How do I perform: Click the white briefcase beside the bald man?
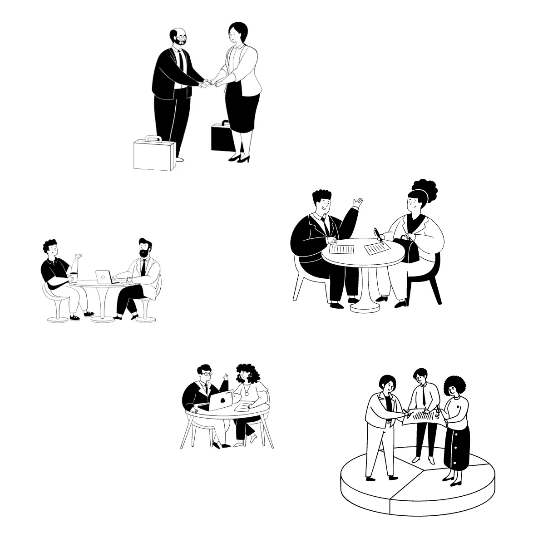click(154, 155)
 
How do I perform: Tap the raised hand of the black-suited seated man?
click(359, 202)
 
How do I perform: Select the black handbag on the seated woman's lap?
click(409, 250)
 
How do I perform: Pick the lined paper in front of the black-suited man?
click(341, 249)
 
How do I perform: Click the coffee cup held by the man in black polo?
click(73, 277)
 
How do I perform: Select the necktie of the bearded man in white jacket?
click(143, 267)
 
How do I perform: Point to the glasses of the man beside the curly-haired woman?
click(207, 374)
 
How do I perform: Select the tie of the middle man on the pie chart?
click(423, 395)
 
